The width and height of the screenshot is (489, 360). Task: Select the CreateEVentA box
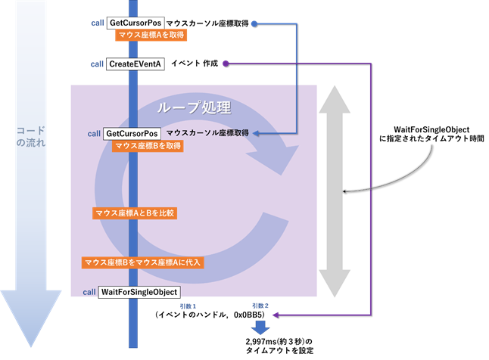point(137,64)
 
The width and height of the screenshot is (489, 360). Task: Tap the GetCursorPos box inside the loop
point(132,133)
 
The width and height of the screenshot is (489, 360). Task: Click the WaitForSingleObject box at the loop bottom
point(139,291)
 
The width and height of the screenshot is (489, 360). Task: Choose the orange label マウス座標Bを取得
point(147,146)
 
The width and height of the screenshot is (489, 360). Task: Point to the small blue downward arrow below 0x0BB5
point(260,327)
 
